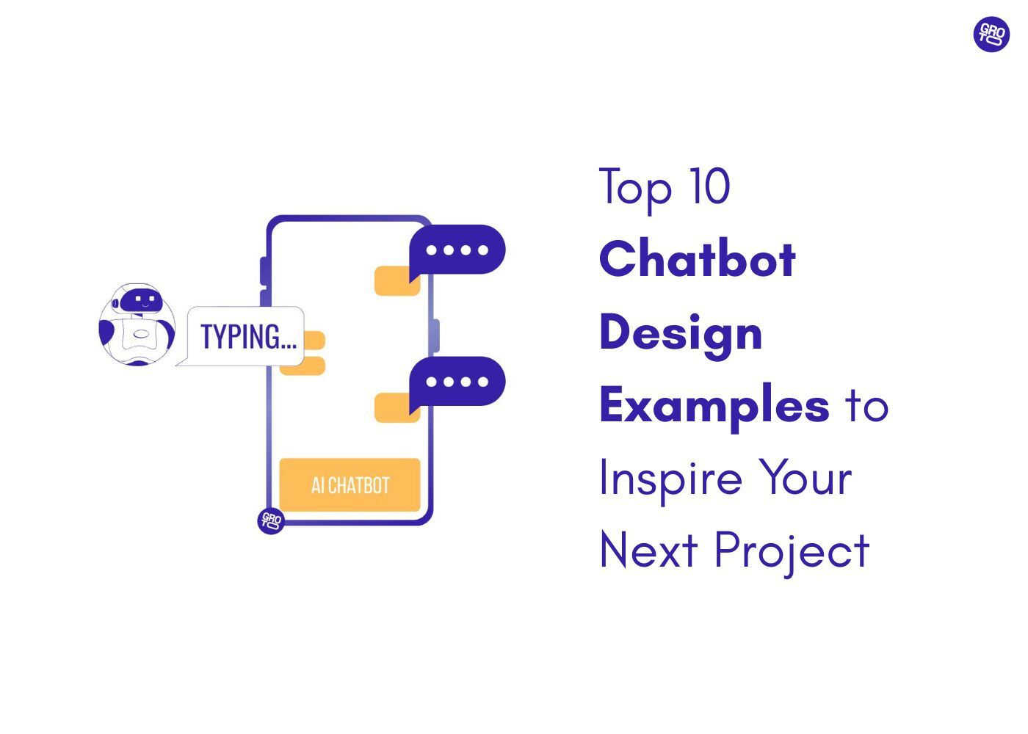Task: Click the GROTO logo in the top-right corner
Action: click(991, 34)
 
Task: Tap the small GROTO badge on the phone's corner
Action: click(271, 521)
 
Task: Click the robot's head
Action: click(140, 300)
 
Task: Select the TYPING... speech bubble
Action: click(247, 337)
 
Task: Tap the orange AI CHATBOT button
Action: click(350, 485)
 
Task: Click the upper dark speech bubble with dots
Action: click(457, 250)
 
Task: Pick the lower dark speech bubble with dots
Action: click(457, 382)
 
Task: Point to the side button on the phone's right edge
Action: click(436, 336)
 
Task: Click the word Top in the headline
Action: click(635, 188)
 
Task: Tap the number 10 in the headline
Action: click(709, 186)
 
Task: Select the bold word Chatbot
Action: click(698, 259)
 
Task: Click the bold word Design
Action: click(681, 333)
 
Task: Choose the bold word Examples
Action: click(714, 406)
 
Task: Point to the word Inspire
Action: click(670, 479)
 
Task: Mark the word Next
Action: click(648, 550)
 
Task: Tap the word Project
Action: click(792, 552)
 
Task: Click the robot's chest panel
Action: click(137, 335)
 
